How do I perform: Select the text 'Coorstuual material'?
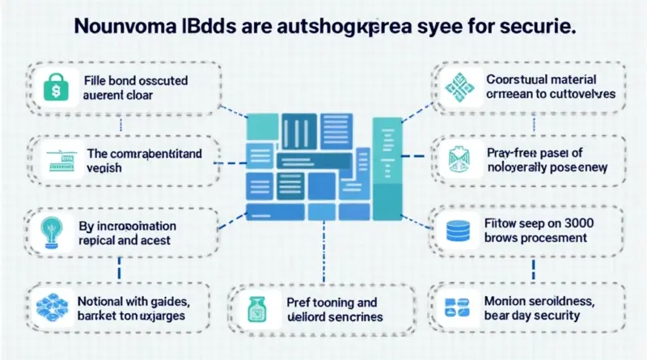pyautogui.click(x=542, y=80)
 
